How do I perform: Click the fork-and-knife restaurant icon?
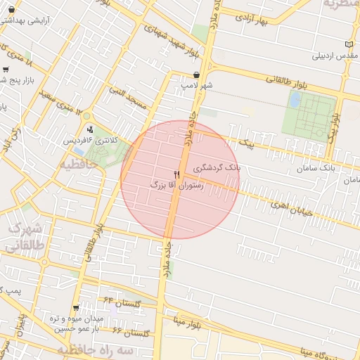click(176, 174)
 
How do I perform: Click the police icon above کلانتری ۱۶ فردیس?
click(90, 129)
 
